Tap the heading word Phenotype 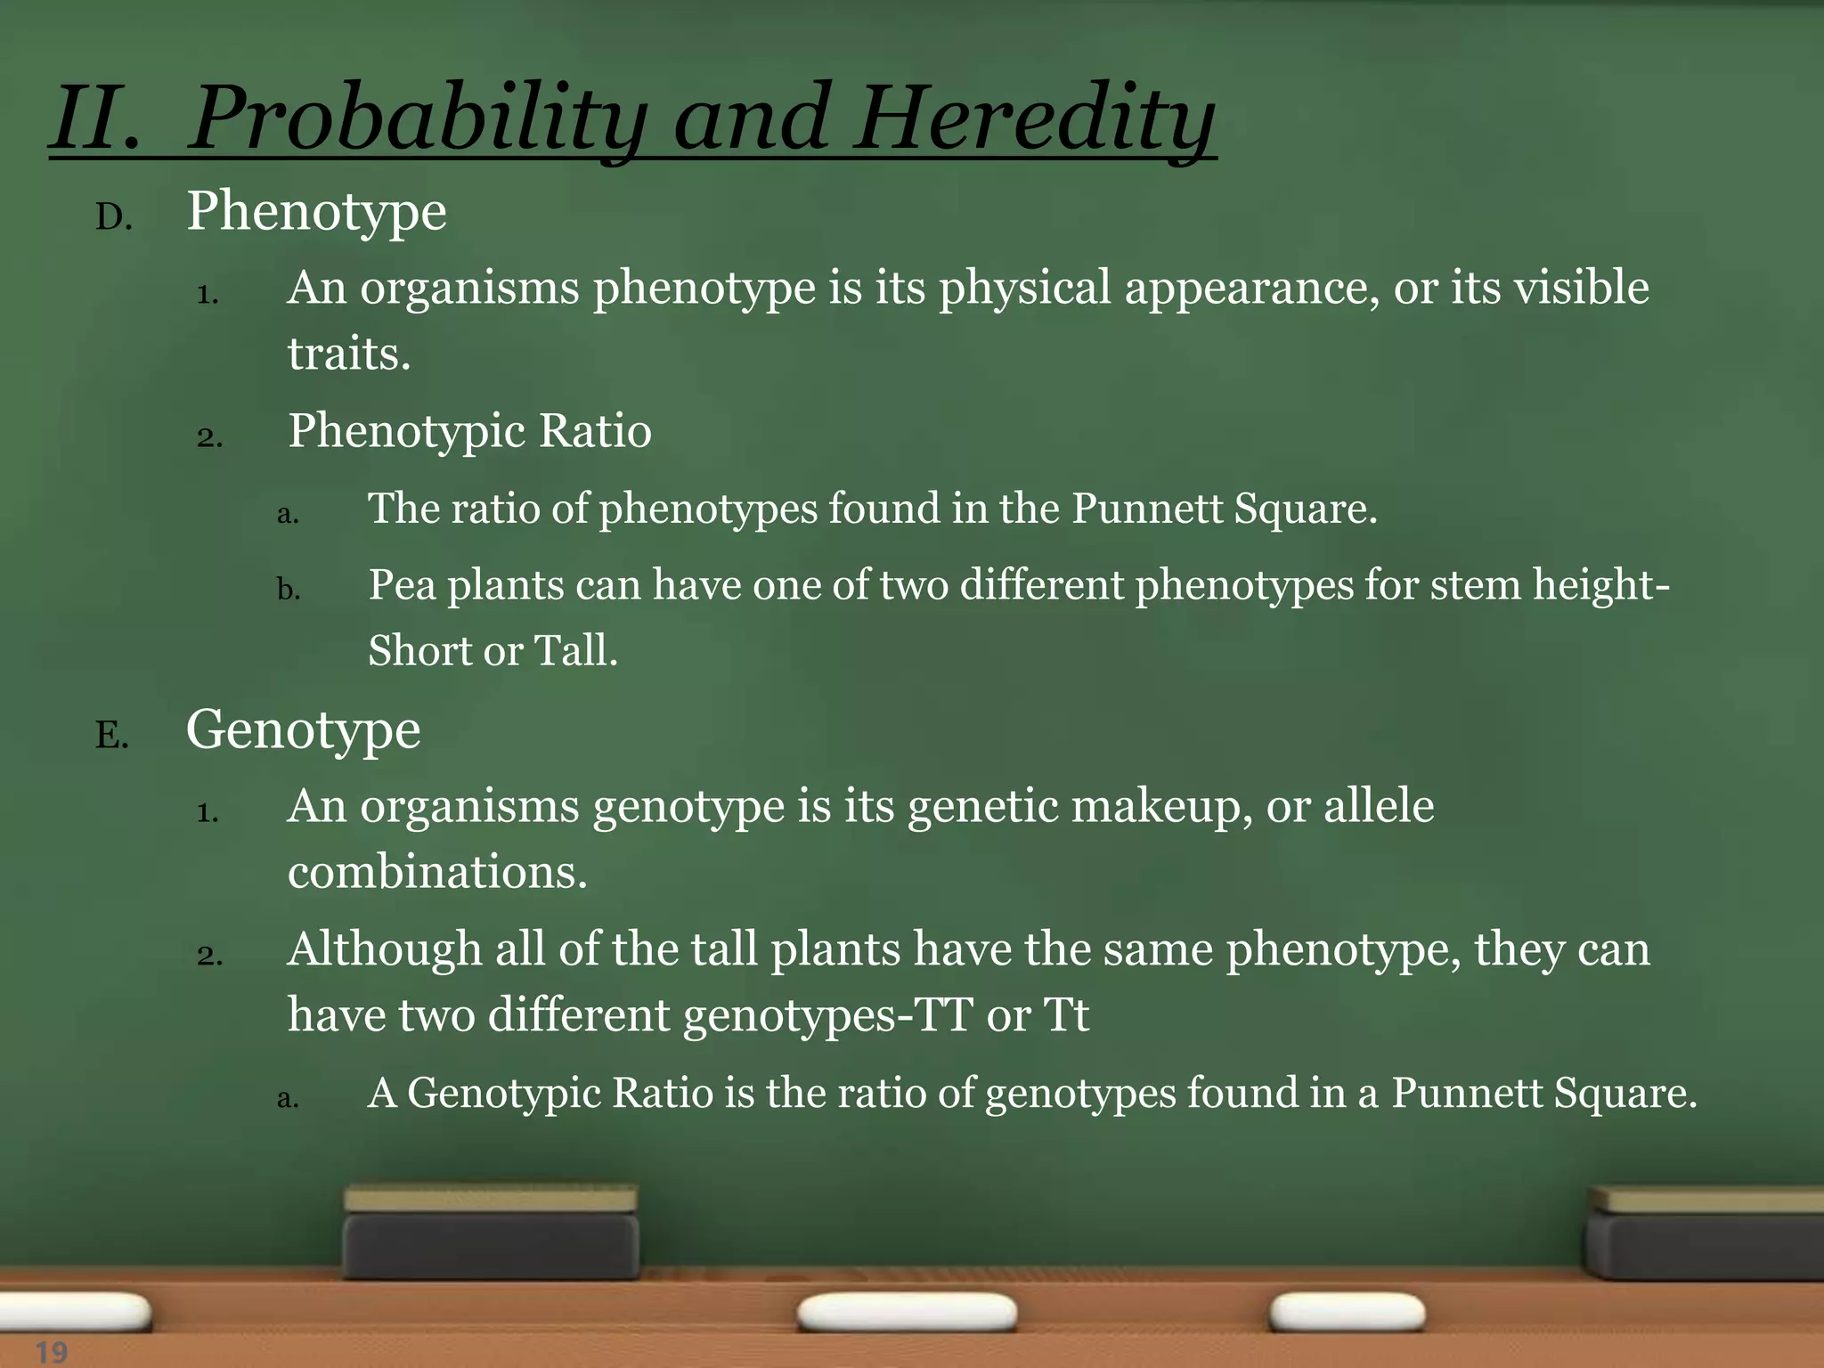pos(316,213)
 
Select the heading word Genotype pos(303,731)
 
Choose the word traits pos(349,354)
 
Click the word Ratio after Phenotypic pos(595,431)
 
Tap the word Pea pos(402,586)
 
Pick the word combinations pos(437,872)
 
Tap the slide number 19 pos(52,1352)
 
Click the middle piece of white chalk pos(907,1313)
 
